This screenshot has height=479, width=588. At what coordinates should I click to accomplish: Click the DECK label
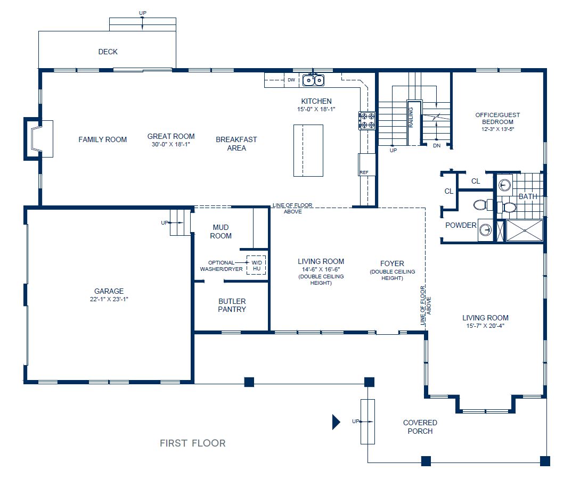click(x=108, y=52)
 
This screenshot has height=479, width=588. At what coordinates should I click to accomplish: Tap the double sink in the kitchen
click(x=313, y=80)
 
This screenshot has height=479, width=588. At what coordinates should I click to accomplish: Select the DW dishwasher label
click(x=291, y=80)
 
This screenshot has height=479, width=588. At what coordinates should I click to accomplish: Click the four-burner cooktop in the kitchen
click(x=367, y=120)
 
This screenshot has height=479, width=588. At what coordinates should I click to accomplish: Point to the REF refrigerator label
click(x=364, y=172)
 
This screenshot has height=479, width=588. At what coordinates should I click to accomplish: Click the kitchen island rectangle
click(x=308, y=151)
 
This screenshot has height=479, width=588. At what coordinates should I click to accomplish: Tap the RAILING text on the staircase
click(x=411, y=117)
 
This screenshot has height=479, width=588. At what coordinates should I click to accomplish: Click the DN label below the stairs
click(x=437, y=145)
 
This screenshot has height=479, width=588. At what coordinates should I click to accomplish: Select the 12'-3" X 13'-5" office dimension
click(x=498, y=129)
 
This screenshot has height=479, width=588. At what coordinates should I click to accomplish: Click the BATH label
click(x=528, y=196)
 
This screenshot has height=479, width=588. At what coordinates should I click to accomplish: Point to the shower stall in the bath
click(x=524, y=230)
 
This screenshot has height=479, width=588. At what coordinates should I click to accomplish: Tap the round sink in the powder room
click(x=485, y=230)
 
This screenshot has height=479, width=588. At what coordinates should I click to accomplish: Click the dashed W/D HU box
click(x=256, y=265)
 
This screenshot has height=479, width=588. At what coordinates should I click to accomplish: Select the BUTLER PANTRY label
click(x=232, y=305)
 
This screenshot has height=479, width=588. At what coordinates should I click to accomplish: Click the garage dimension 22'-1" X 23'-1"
click(x=109, y=299)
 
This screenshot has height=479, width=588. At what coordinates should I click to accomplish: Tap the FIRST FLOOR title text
click(x=192, y=443)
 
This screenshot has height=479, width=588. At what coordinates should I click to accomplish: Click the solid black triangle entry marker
click(x=336, y=422)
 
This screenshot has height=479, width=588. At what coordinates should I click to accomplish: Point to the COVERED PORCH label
click(x=420, y=427)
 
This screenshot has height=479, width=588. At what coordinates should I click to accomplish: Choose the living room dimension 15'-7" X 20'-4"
click(x=485, y=326)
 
